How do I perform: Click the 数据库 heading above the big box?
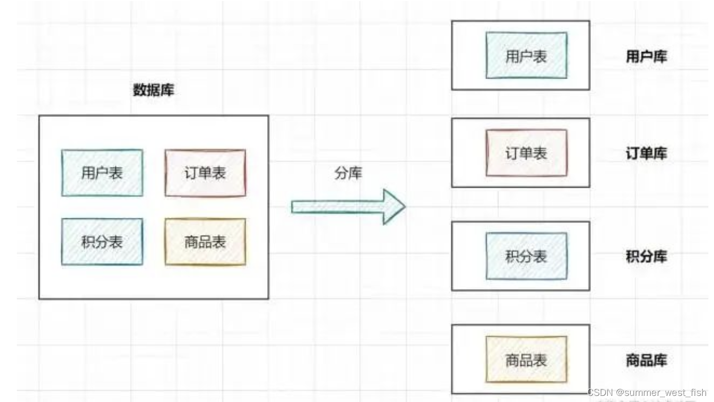(154, 91)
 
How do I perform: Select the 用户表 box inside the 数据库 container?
(102, 173)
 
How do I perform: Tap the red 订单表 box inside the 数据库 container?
(205, 173)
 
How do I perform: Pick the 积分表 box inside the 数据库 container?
(102, 242)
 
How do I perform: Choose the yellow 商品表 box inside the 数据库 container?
(205, 242)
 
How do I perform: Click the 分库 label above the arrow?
(348, 173)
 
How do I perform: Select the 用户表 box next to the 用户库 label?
(526, 56)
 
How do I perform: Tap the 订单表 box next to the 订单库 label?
(526, 153)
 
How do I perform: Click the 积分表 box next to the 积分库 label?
(526, 256)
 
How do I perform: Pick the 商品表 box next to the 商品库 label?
(526, 360)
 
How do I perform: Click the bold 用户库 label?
(647, 57)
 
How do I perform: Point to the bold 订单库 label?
(647, 154)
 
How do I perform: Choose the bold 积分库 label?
(647, 256)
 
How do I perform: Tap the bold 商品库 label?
(647, 360)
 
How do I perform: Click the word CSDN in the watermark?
(600, 393)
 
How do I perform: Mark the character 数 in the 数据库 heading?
(140, 91)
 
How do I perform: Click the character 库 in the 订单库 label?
(660, 154)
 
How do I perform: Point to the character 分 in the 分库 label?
(341, 173)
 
